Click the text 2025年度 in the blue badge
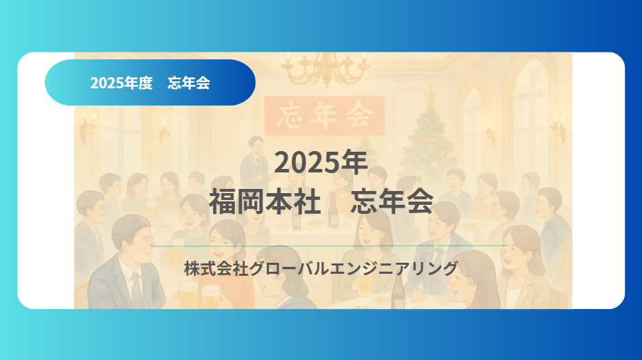121,83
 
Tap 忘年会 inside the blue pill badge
188,83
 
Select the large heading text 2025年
321,162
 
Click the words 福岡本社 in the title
265,202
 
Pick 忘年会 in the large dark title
392,202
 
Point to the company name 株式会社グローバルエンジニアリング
321,268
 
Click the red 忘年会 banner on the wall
324,114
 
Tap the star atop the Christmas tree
430,93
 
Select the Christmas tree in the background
430,138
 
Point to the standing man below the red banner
256,155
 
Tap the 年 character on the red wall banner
324,114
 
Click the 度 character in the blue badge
145,83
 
